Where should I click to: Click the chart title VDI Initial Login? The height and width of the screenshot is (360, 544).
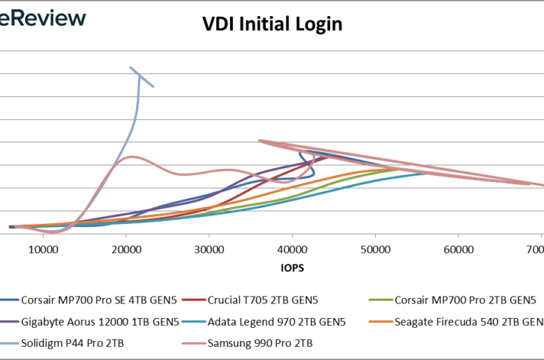[x=272, y=24]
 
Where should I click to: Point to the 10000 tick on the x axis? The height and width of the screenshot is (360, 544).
[x=43, y=249]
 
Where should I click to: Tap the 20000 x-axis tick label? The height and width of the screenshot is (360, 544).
[x=126, y=249]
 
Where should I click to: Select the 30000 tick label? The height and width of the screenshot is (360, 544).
[x=209, y=249]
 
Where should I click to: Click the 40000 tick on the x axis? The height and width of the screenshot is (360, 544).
[x=292, y=249]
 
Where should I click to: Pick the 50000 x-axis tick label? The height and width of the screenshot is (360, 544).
[x=375, y=249]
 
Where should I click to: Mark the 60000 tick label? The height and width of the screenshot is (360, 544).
[x=458, y=249]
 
